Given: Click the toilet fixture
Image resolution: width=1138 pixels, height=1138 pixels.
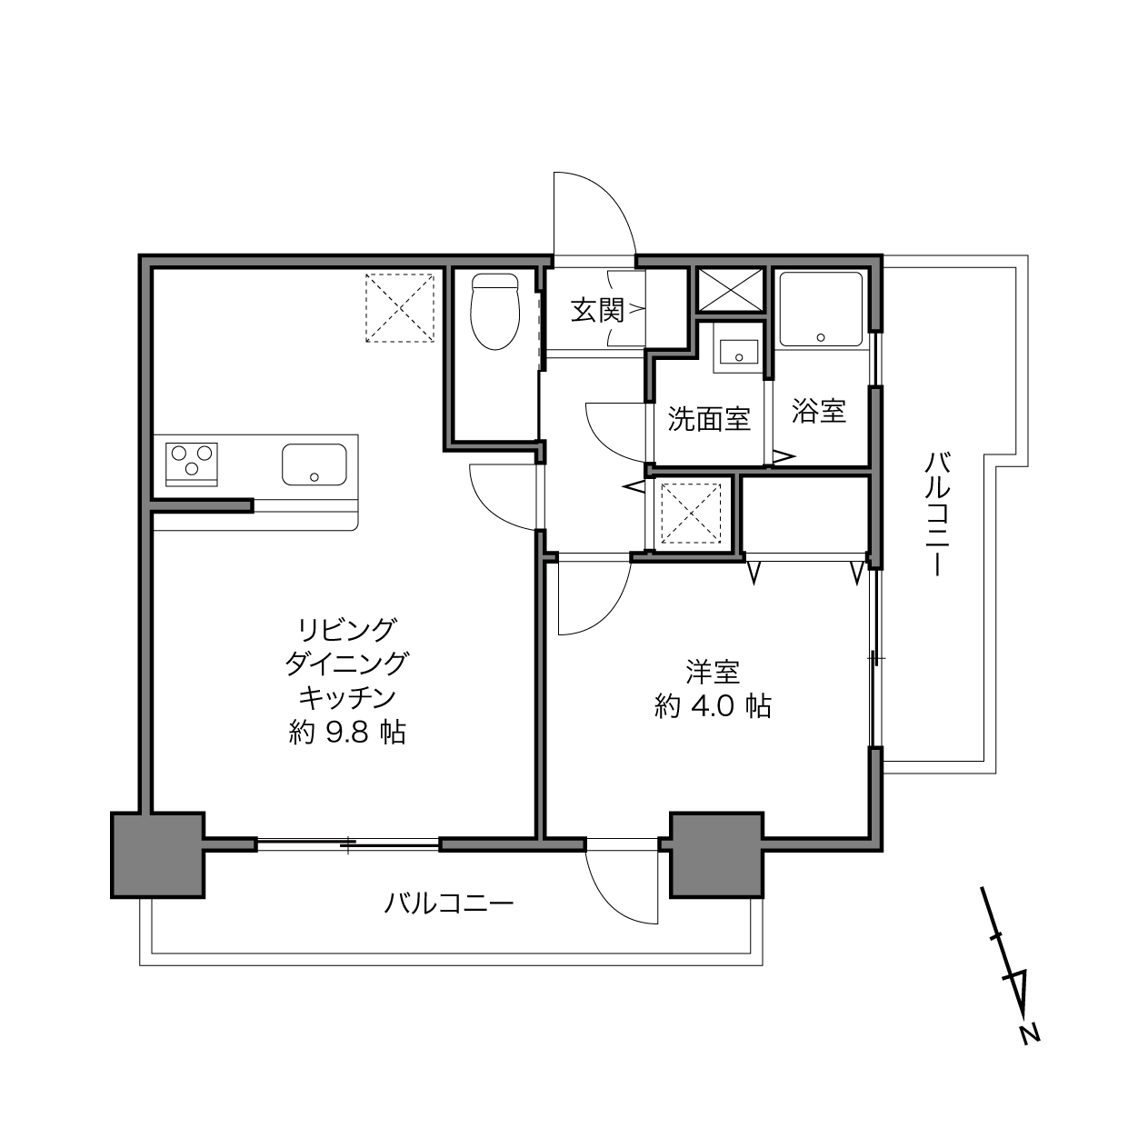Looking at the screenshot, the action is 494,311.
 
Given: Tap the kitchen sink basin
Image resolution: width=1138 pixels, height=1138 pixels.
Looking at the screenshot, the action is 314,464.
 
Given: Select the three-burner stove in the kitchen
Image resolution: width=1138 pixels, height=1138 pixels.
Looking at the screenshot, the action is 192,464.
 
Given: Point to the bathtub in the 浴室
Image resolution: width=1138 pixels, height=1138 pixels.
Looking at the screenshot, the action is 821,309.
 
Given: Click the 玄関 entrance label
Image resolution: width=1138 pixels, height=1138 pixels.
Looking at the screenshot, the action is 598,310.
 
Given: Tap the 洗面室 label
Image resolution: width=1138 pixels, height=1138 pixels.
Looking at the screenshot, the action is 709,419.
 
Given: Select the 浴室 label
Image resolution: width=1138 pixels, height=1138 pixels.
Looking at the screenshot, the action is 819,411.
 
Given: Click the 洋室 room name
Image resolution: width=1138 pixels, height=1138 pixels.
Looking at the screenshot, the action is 714,672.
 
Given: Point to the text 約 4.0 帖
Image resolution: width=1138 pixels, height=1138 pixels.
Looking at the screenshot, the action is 713,705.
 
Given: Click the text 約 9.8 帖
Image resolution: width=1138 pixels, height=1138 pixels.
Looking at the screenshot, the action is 347,733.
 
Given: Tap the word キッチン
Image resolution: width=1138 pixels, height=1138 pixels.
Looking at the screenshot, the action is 347,698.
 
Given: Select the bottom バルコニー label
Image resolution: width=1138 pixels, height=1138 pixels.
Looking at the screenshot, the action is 449,903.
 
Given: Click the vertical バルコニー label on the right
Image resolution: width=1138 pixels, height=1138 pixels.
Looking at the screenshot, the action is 937,513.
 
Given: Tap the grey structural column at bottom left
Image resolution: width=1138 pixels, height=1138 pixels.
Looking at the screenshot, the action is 157,855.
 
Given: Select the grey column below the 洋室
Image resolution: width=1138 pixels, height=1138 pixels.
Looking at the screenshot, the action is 716,854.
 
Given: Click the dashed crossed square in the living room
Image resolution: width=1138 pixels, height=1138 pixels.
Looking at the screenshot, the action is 400,308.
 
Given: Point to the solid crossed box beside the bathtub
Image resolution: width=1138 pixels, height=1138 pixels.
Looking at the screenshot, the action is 731,289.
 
